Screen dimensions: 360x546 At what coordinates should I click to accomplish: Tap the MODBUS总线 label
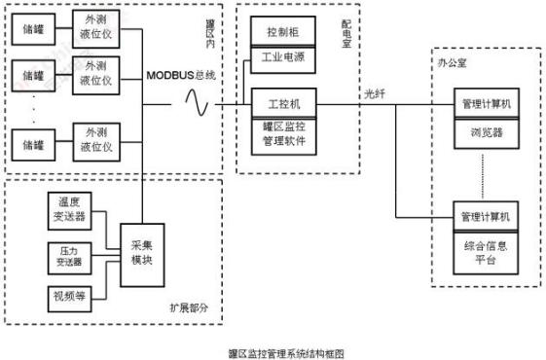181,75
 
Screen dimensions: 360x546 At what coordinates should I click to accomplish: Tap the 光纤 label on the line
375,93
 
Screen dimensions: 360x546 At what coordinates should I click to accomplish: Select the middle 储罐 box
34,75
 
